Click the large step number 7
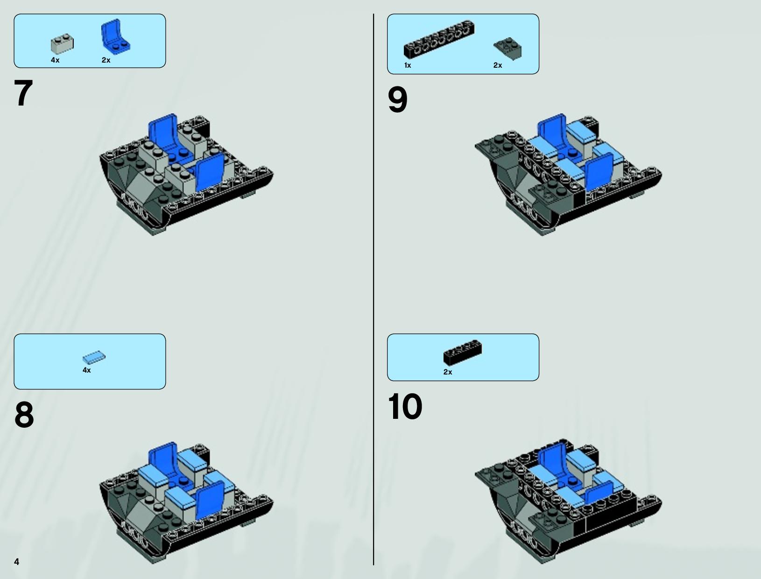click(23, 92)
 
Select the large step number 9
click(397, 99)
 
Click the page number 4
click(17, 561)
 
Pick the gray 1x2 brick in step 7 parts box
click(63, 44)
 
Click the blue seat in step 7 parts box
click(115, 37)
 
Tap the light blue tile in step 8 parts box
click(94, 357)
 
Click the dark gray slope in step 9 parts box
click(508, 49)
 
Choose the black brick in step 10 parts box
click(463, 352)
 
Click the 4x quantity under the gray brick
click(55, 60)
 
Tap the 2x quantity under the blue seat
click(106, 60)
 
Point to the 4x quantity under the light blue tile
click(87, 370)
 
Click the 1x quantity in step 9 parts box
click(408, 65)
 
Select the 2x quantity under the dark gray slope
click(498, 65)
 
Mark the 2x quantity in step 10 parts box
click(448, 372)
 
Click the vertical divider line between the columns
click(373, 289)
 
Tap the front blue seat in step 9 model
click(599, 172)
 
